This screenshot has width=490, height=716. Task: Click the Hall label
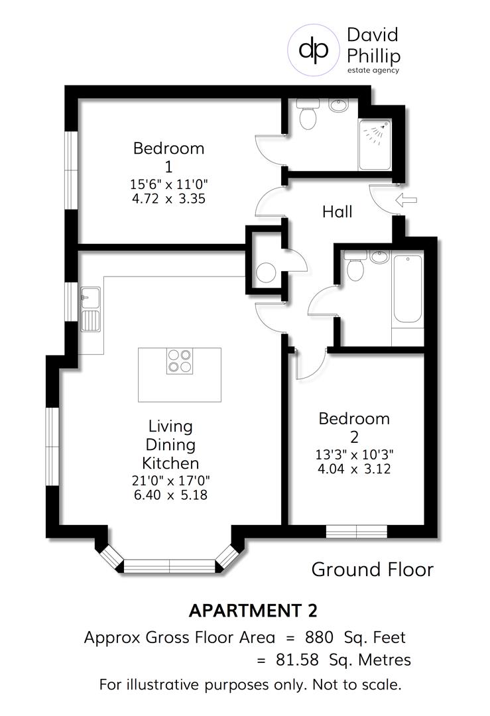click(337, 212)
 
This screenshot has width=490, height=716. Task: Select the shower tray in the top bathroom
click(375, 145)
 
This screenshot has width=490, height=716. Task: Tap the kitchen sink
click(90, 310)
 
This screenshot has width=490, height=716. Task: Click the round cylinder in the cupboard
click(267, 272)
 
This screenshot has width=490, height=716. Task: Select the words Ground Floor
click(372, 569)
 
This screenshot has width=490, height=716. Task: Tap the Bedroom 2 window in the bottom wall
click(357, 532)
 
